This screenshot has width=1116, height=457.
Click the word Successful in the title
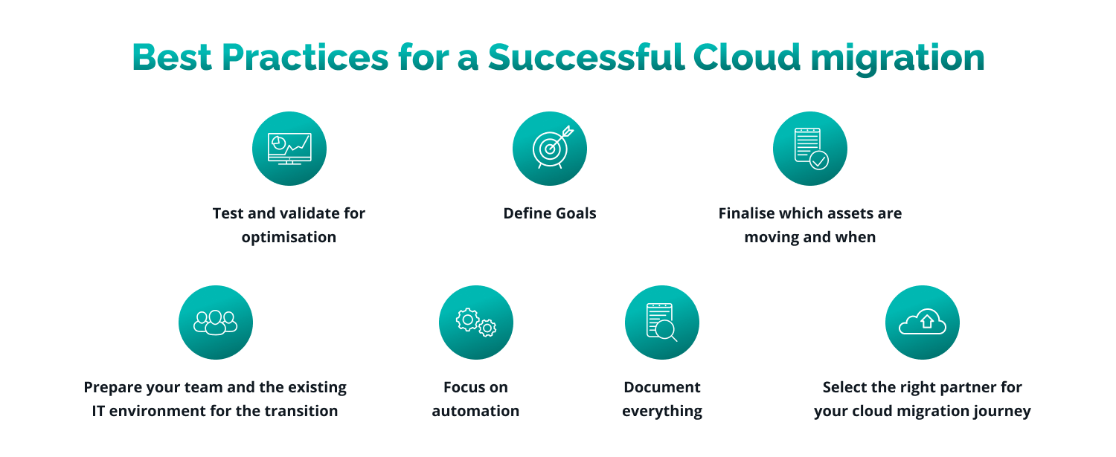[586, 57]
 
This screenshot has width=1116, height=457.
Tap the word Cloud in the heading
[747, 57]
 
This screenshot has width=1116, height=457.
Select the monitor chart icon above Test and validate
[289, 149]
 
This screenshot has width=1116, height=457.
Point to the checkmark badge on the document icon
[819, 161]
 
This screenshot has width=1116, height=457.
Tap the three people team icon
[216, 323]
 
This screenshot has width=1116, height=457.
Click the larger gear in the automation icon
[467, 320]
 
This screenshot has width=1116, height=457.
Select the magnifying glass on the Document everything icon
[666, 331]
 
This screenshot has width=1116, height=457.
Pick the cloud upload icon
[923, 322]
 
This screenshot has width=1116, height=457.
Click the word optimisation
[289, 238]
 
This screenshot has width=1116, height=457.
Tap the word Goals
[576, 213]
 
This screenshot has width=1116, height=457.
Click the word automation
[476, 411]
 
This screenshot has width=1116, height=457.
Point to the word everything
[662, 412]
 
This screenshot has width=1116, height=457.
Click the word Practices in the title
[305, 57]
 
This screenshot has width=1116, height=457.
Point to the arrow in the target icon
[561, 139]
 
